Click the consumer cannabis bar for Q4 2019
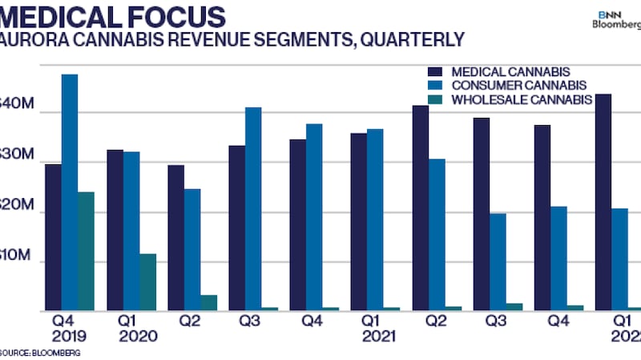(70, 192)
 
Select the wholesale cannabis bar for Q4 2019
(86, 251)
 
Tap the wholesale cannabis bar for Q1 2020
(147, 281)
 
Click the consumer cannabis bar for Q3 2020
(253, 208)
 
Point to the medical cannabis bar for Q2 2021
(421, 208)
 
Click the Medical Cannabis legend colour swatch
(436, 71)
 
